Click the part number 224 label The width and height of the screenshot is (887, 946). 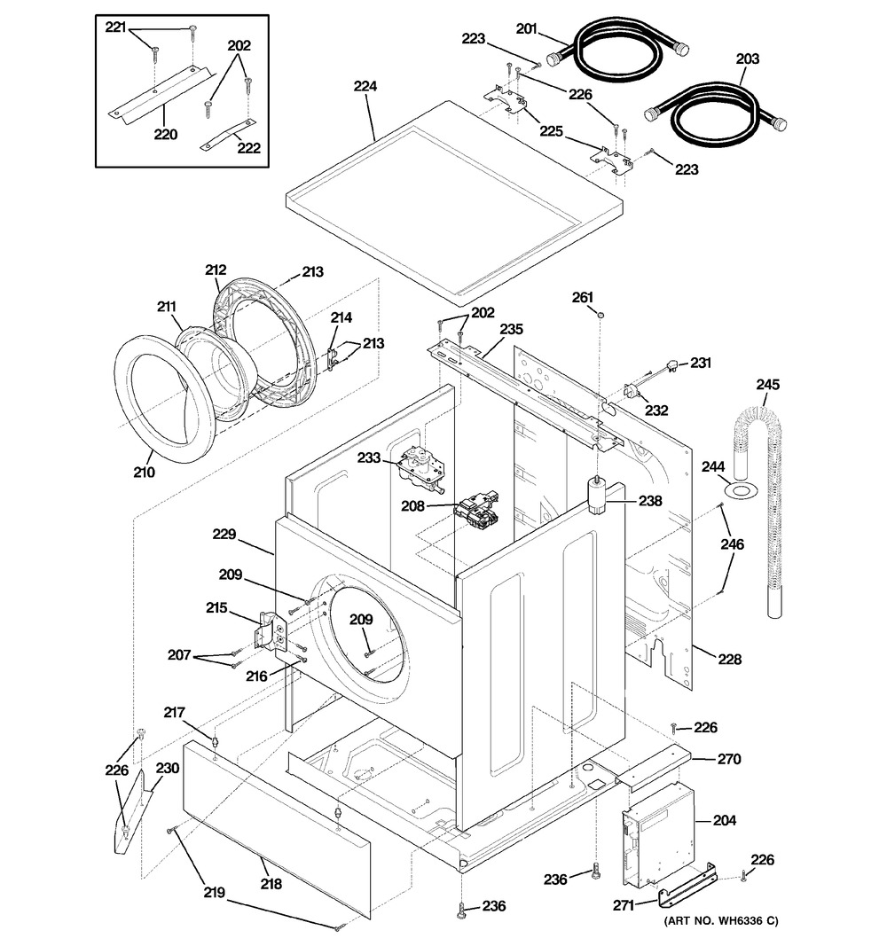pyautogui.click(x=365, y=86)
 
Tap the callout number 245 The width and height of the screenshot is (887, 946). pyautogui.click(x=767, y=384)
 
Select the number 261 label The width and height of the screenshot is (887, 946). pyautogui.click(x=583, y=297)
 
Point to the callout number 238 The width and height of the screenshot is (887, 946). pyautogui.click(x=650, y=501)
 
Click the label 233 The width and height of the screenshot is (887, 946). pyautogui.click(x=369, y=457)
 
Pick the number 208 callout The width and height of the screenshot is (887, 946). pyautogui.click(x=413, y=506)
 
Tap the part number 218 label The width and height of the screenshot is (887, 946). pyautogui.click(x=271, y=884)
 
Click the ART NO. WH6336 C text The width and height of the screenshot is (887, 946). pyautogui.click(x=721, y=921)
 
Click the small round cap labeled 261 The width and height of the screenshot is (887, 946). pyautogui.click(x=600, y=315)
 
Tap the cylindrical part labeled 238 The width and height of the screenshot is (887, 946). pyautogui.click(x=597, y=496)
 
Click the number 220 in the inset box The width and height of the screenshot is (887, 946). pyautogui.click(x=165, y=134)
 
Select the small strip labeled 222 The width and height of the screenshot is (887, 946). pyautogui.click(x=229, y=137)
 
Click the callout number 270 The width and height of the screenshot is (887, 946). pyautogui.click(x=729, y=759)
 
